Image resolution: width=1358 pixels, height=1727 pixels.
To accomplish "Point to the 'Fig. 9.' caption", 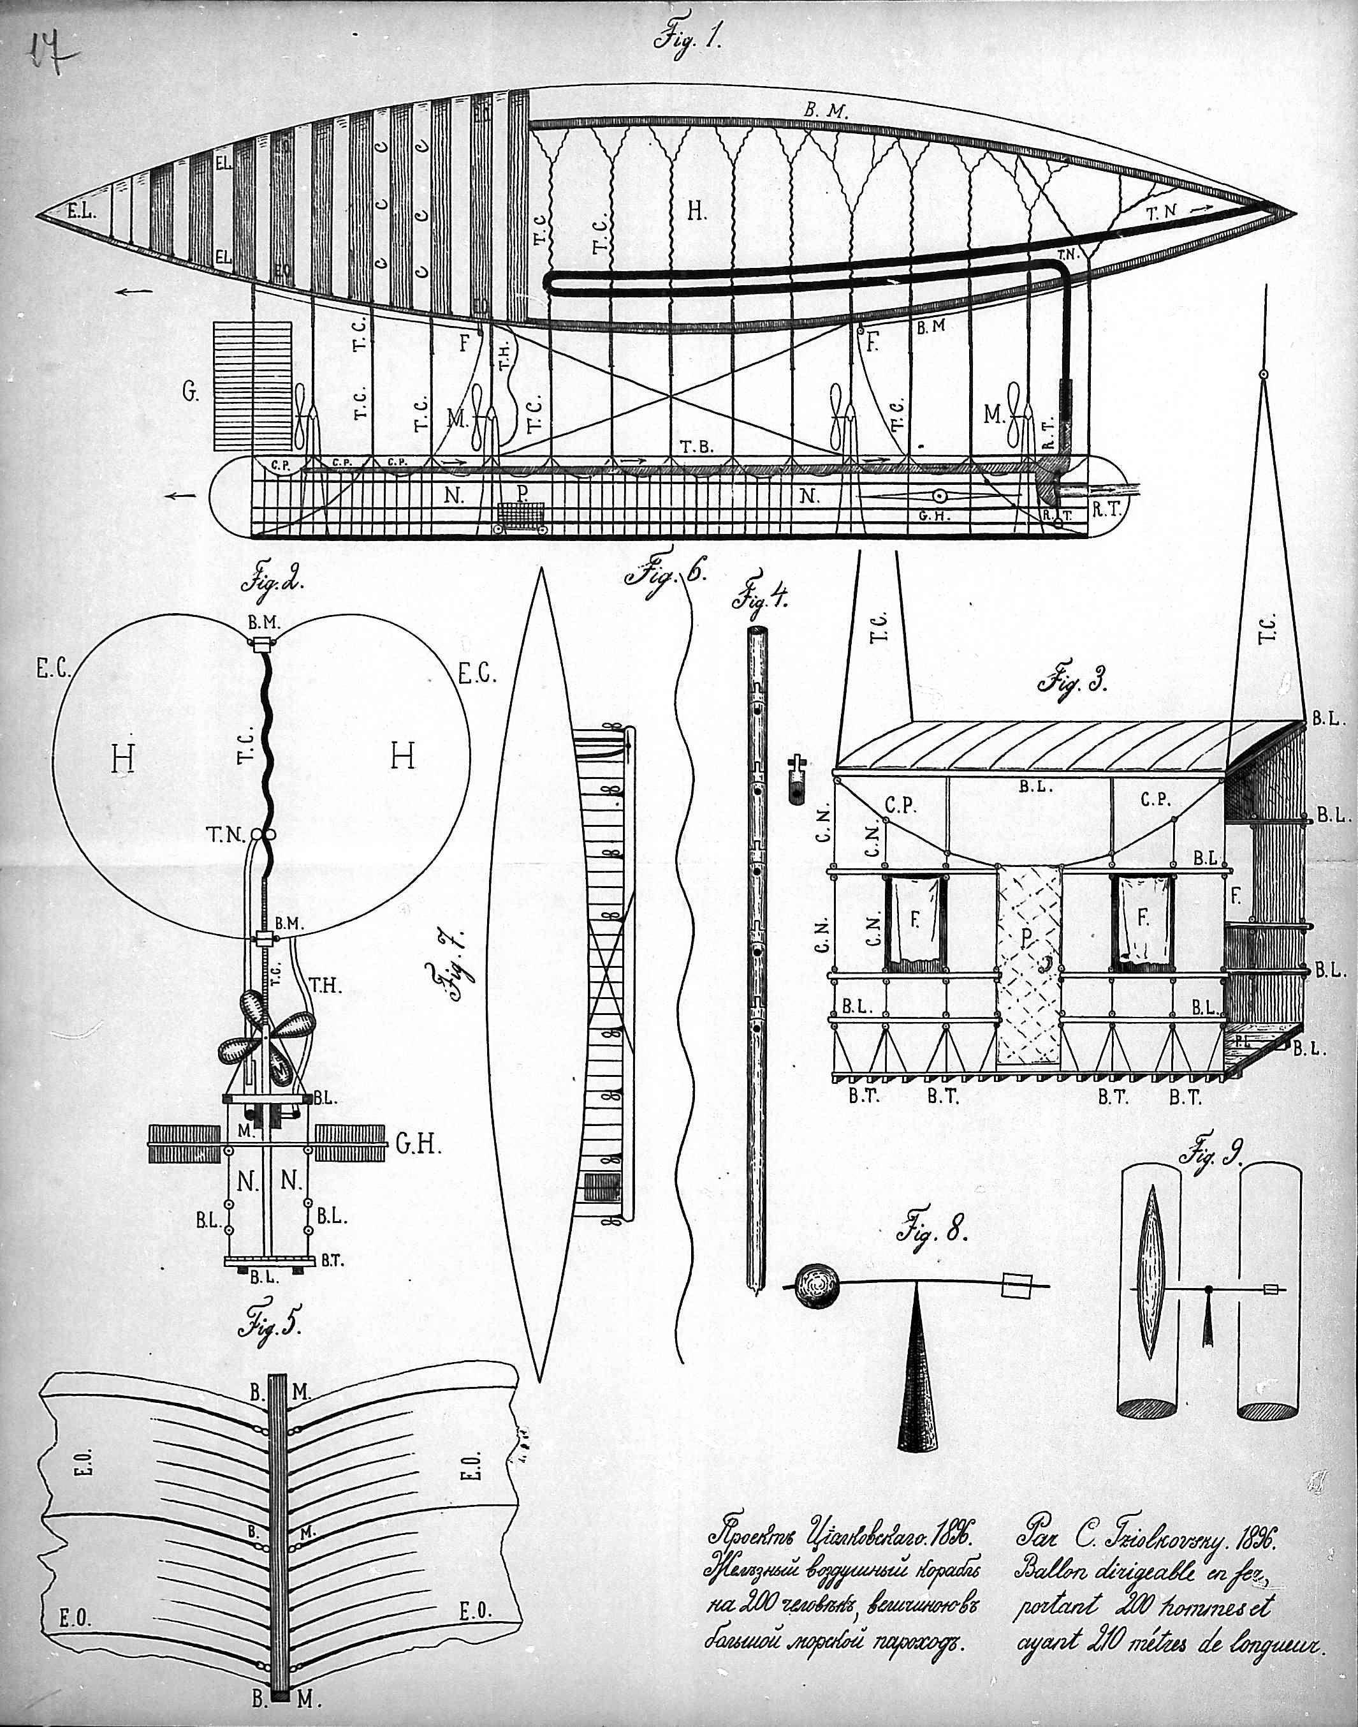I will tap(1214, 1153).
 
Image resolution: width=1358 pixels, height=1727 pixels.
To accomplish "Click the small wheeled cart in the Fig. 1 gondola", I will tap(521, 519).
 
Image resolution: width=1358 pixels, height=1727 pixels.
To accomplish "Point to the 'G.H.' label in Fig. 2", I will tap(418, 1146).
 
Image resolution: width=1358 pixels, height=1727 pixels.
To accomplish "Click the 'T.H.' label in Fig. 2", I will tap(325, 986).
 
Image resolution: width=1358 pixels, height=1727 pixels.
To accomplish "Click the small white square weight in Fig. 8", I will tap(1018, 1283).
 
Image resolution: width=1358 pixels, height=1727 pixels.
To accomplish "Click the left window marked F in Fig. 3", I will tap(914, 923).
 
